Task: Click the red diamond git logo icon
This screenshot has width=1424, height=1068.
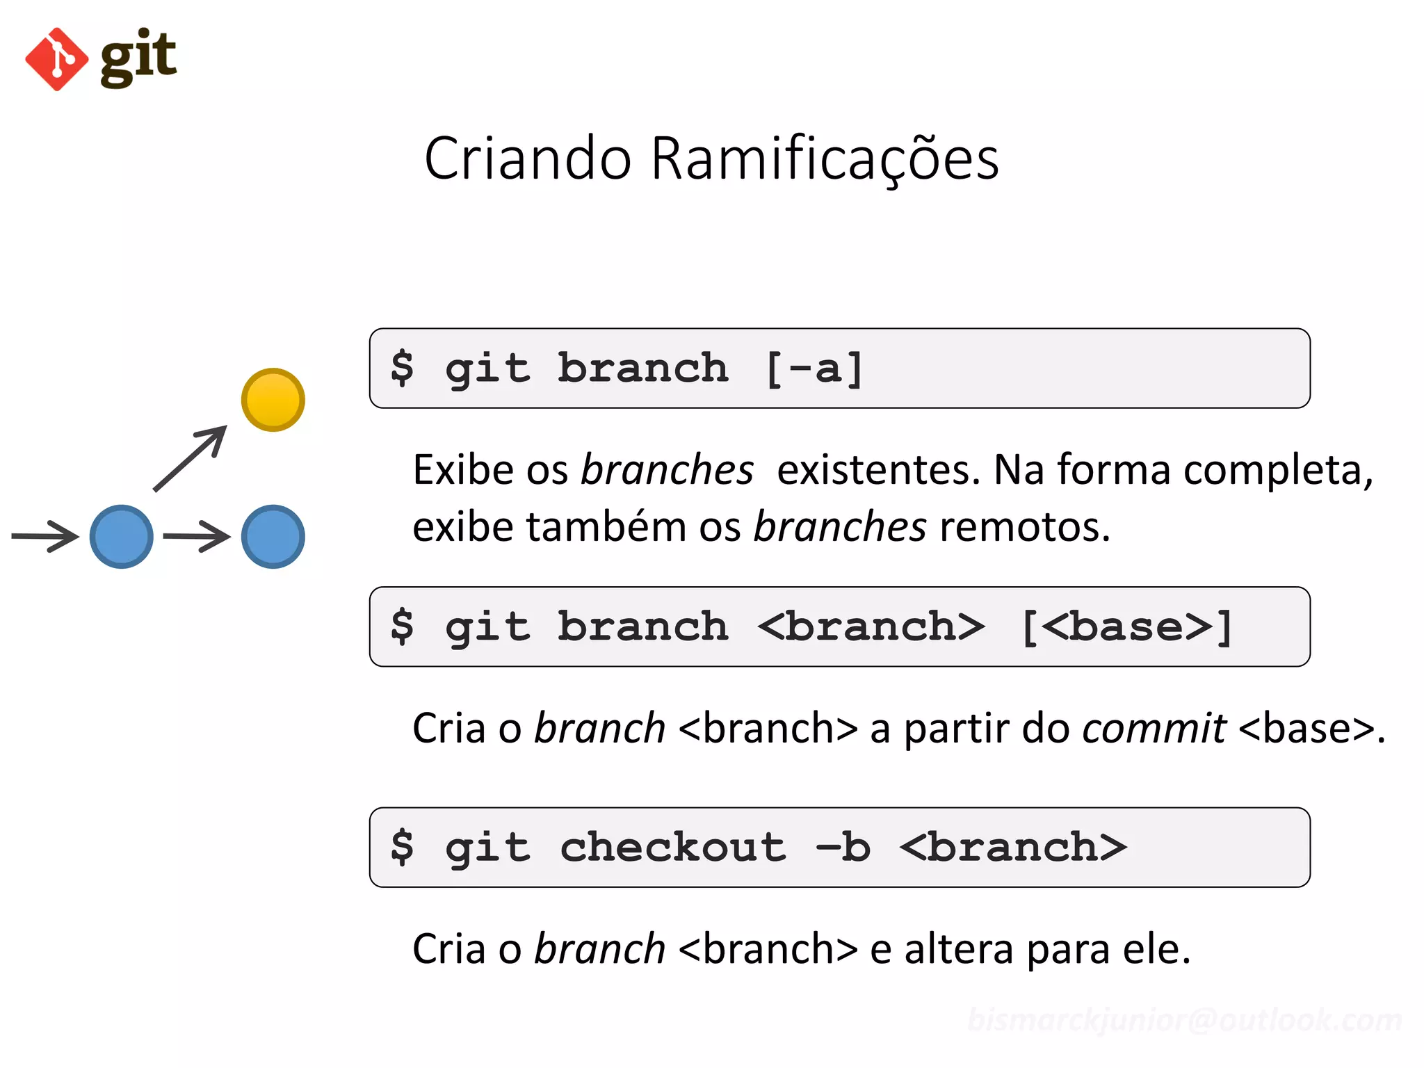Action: click(x=56, y=59)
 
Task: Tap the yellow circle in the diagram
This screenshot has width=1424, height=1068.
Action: click(x=273, y=400)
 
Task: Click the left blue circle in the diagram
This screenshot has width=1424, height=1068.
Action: click(x=122, y=536)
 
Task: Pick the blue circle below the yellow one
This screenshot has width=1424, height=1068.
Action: click(x=273, y=536)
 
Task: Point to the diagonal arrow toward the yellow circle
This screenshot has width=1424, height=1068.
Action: click(x=190, y=459)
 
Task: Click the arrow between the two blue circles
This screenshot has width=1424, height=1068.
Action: click(x=197, y=536)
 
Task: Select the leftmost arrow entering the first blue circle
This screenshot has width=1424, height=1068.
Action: click(x=45, y=536)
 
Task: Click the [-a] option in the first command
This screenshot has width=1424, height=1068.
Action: click(x=814, y=369)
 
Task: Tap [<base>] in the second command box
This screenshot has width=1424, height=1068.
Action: click(x=1126, y=627)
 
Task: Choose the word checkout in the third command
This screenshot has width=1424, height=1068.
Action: click(x=672, y=848)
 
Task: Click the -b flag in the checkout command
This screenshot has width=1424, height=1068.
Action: click(x=843, y=848)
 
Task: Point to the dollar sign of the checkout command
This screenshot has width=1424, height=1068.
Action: click(x=402, y=848)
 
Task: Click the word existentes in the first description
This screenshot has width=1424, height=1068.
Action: click(x=878, y=470)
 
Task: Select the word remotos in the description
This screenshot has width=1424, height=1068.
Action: click(x=1024, y=527)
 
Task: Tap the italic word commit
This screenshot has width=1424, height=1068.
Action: click(x=1154, y=729)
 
